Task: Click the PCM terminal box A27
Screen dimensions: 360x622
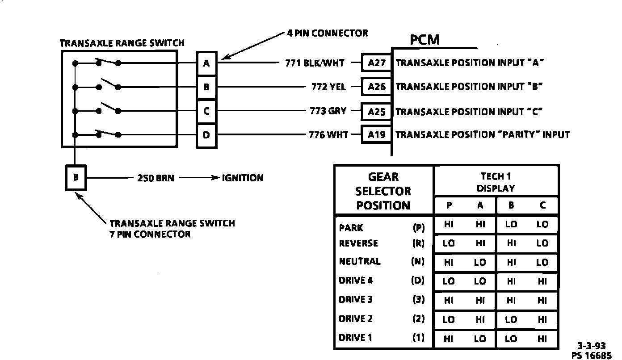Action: click(377, 63)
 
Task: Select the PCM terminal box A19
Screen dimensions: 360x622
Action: click(377, 134)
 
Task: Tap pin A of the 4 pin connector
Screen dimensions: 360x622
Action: click(206, 63)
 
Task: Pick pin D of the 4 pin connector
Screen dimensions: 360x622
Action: click(206, 134)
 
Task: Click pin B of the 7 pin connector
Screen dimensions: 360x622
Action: click(76, 177)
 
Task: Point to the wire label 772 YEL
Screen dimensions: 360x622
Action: click(328, 87)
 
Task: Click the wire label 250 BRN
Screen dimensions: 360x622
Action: click(155, 178)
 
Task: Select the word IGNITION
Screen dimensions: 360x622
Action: click(243, 178)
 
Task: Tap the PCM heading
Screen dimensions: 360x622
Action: click(424, 40)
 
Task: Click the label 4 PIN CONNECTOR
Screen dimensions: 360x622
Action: click(327, 33)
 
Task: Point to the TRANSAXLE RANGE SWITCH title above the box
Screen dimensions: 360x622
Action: click(122, 43)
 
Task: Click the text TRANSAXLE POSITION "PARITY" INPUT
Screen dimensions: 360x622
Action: click(483, 134)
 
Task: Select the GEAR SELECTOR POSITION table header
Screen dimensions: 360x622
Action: click(383, 191)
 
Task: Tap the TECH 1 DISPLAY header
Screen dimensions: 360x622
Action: click(496, 182)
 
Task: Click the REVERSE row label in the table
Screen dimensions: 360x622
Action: click(358, 243)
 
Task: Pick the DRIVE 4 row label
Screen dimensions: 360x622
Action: click(356, 281)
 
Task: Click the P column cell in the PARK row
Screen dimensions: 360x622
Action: click(449, 225)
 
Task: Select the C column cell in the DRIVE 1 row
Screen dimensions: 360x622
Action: click(542, 339)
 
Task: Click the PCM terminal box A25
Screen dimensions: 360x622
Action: click(377, 112)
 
